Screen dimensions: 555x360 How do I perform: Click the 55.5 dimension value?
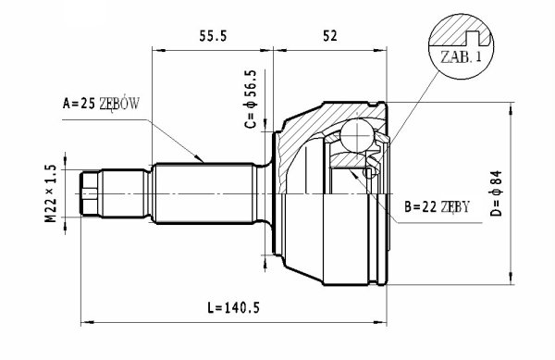[x=213, y=36]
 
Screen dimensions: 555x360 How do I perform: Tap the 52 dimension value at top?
[x=330, y=36]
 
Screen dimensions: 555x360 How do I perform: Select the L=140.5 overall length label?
[x=234, y=308]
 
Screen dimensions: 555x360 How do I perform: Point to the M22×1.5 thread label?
[x=51, y=193]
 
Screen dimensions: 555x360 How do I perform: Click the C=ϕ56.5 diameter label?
[x=251, y=99]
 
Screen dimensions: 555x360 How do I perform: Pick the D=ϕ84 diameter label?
[x=497, y=193]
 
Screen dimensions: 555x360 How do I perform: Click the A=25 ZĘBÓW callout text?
[x=101, y=104]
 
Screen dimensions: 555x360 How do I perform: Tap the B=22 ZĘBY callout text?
[x=438, y=206]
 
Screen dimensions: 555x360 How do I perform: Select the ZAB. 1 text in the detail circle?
[x=462, y=57]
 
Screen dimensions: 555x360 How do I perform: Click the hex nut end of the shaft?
[x=90, y=193]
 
